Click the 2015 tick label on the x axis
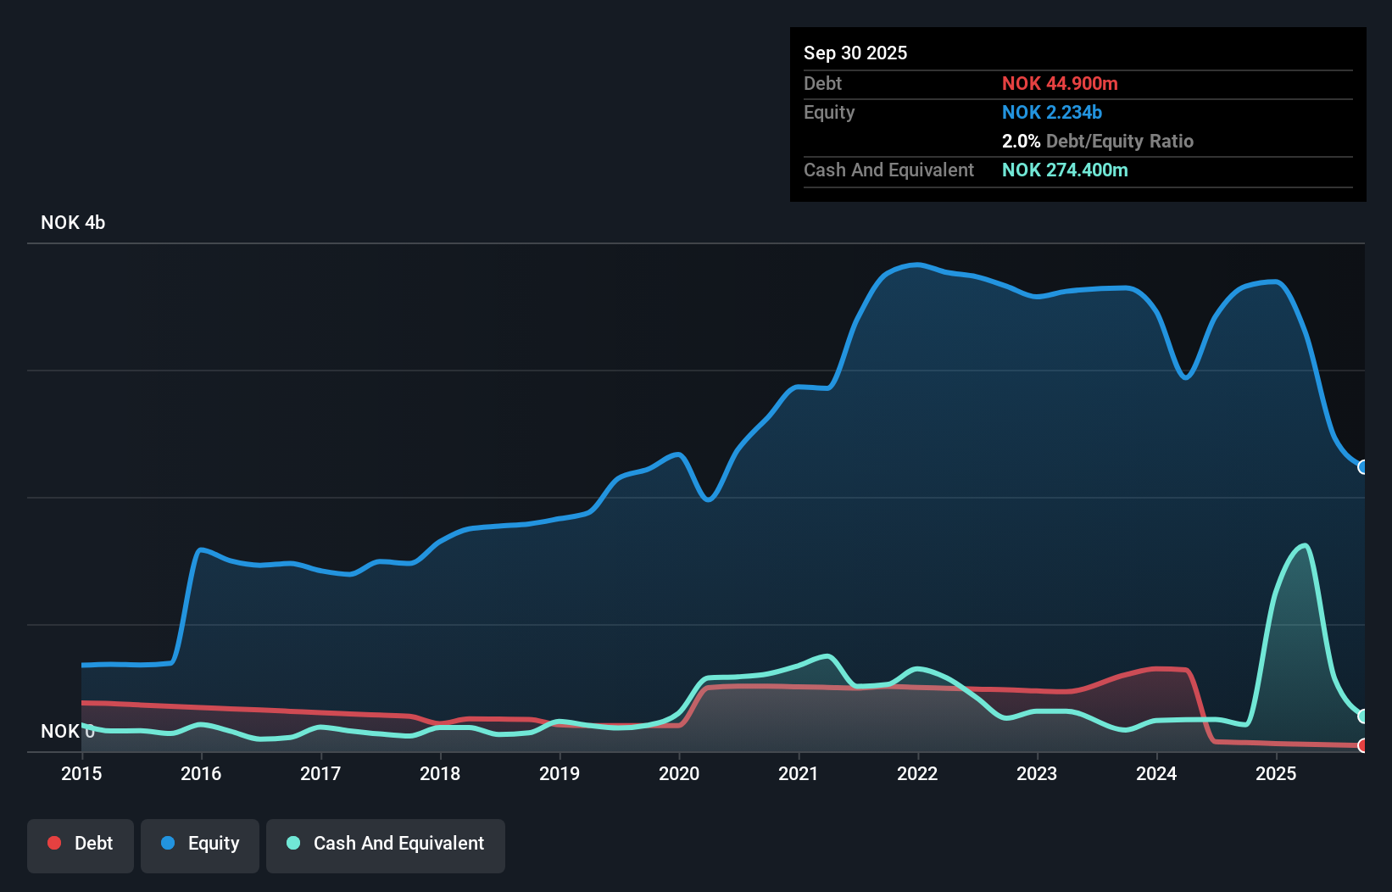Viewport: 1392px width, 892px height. [x=81, y=773]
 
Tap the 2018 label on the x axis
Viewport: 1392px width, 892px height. [x=440, y=773]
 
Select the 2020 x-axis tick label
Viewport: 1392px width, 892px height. [x=679, y=773]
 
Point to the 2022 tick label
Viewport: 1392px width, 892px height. [x=917, y=773]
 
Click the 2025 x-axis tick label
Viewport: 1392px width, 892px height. [x=1276, y=773]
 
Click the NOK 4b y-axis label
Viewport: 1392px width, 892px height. [x=73, y=222]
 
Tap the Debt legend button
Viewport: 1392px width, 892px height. [x=81, y=844]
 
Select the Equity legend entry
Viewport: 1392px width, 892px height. [x=200, y=844]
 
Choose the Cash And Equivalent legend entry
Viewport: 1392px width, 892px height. [x=386, y=844]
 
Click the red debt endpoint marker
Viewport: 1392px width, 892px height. [x=1362, y=745]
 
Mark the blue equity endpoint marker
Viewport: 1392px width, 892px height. [x=1362, y=467]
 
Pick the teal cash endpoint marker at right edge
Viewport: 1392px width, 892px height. [x=1362, y=716]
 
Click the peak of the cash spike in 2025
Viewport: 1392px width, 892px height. [x=1304, y=546]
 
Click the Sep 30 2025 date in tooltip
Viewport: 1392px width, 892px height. [x=855, y=53]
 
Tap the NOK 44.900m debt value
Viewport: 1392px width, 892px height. [x=1060, y=83]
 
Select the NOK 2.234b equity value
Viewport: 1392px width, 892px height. [x=1051, y=112]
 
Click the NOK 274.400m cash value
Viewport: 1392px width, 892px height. [x=1065, y=170]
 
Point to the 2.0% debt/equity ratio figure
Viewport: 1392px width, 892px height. [x=1021, y=141]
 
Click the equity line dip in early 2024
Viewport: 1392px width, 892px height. [x=1185, y=376]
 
